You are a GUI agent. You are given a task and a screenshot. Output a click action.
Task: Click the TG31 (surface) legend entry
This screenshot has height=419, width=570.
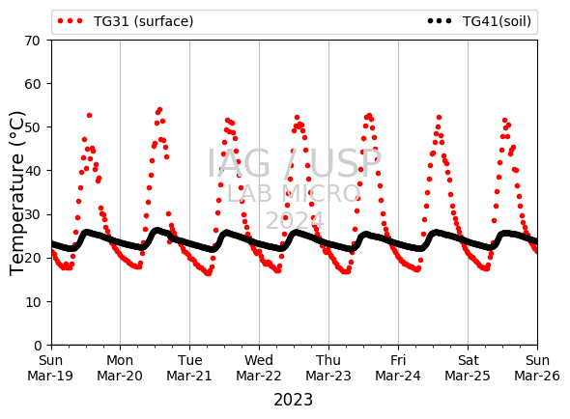coord(126,21)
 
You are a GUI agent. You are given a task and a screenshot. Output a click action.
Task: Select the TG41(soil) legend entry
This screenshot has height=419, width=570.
coord(479,21)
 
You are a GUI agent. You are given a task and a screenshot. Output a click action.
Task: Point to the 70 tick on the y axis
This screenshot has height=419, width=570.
coord(32,41)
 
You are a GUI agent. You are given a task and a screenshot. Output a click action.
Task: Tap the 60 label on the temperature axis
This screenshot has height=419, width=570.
coord(32,84)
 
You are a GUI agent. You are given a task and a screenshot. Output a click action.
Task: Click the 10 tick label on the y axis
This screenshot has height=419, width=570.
coord(32,302)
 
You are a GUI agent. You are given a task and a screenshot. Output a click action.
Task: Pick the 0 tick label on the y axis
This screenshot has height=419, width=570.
coord(38,346)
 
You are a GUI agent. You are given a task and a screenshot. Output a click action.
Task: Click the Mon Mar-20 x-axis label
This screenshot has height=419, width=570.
coord(120,368)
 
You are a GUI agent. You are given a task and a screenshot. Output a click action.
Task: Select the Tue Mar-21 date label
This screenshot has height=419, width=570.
coord(189,368)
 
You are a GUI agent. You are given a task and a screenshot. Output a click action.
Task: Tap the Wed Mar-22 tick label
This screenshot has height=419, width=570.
coord(259,368)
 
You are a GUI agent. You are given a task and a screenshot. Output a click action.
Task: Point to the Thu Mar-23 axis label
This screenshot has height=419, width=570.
coord(328,368)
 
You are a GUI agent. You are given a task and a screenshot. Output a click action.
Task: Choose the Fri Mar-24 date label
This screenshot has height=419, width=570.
coord(398,368)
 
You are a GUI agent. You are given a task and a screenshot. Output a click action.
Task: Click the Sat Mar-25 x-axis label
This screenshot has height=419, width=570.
coord(468,368)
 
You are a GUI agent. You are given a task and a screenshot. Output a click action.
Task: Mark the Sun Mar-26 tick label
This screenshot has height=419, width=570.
coord(537,368)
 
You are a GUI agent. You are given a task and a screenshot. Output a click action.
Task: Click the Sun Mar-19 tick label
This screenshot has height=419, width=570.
coord(50,368)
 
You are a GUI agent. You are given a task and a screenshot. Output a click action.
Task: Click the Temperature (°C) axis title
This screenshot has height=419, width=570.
coord(16,193)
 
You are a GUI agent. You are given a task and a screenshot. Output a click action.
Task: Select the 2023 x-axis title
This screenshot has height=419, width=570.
coord(293,400)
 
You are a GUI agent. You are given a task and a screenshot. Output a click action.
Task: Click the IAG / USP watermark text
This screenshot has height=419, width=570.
coord(294,164)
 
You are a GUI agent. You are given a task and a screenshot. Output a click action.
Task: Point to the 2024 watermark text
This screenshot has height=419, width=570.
coord(295,220)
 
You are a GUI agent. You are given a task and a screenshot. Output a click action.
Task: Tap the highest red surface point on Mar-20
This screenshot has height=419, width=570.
coord(159,110)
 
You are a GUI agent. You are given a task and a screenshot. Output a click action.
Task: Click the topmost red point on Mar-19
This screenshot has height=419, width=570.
coord(90,116)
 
